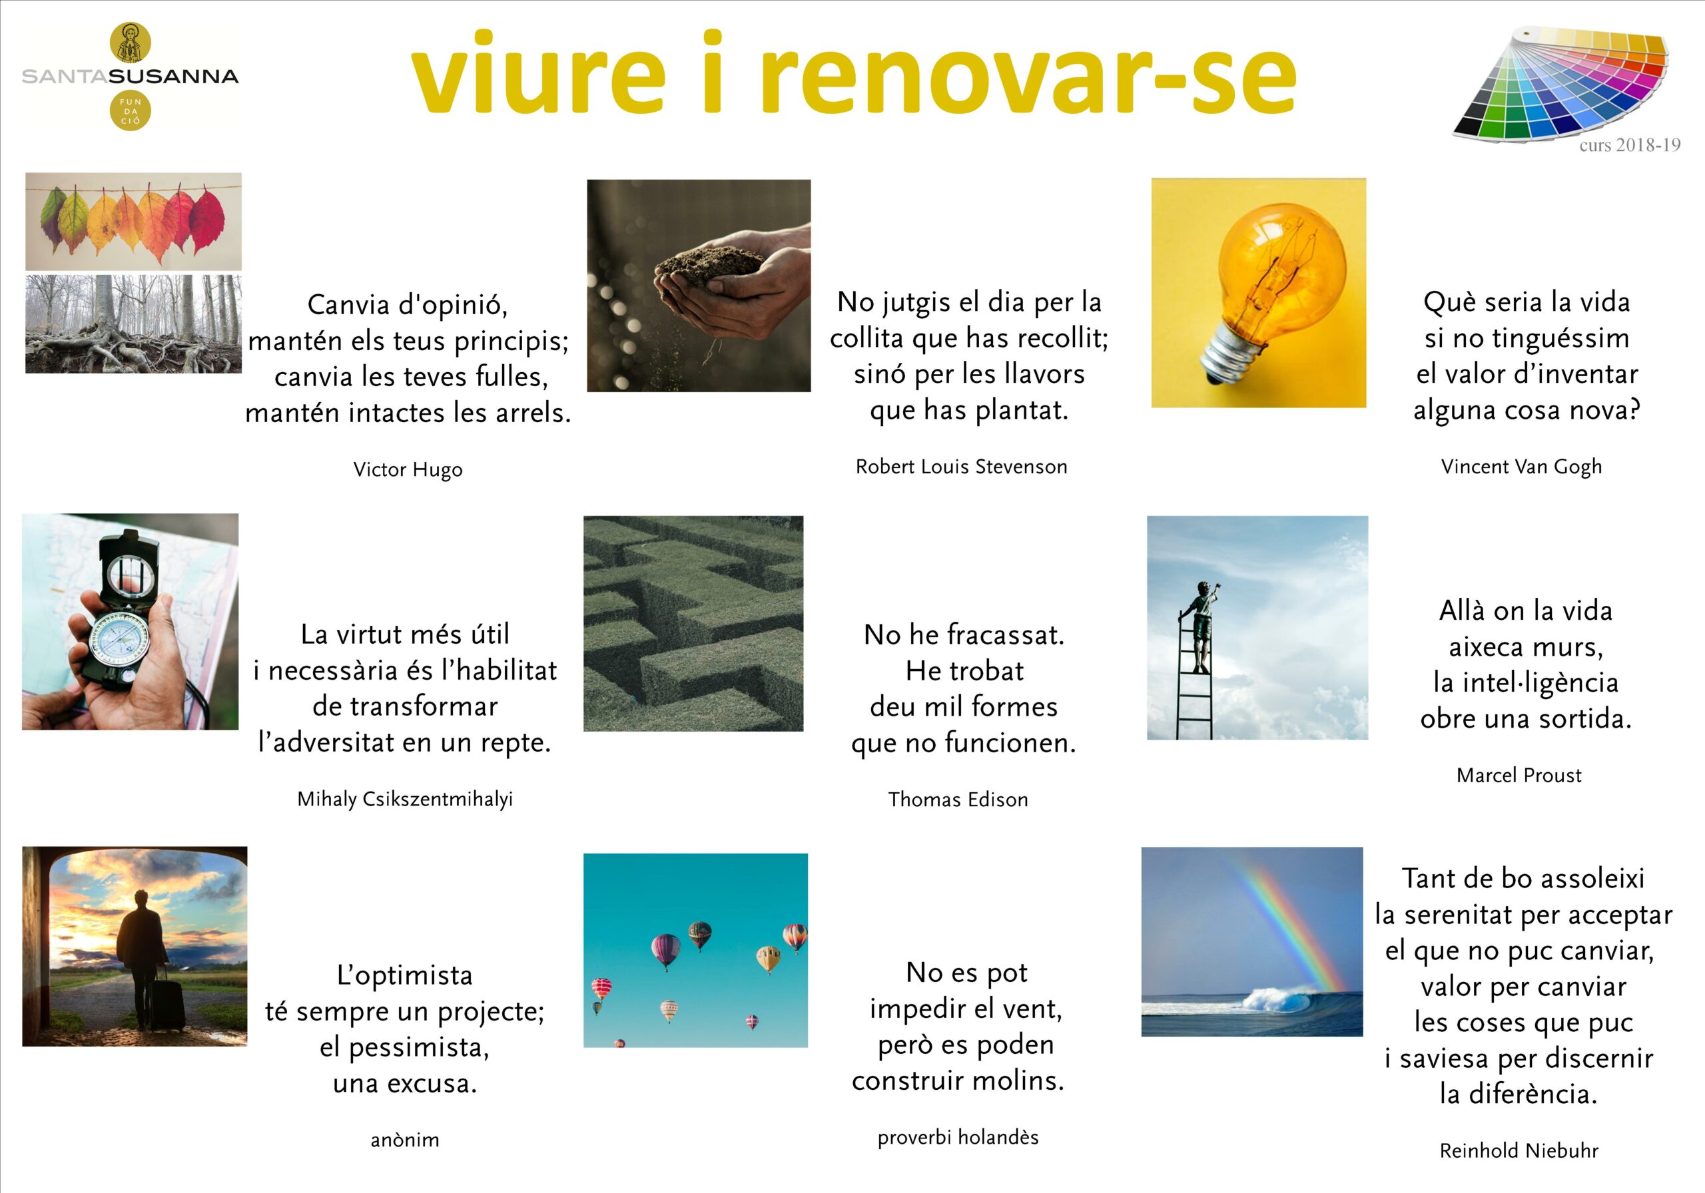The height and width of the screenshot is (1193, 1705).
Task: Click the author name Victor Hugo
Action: point(408,470)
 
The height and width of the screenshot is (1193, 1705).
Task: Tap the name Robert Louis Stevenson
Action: point(961,467)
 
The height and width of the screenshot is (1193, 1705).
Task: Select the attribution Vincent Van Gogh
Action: point(1521,467)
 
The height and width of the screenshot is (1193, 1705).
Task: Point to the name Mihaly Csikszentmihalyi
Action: point(405,800)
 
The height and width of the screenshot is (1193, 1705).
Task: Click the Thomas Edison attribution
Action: point(958,800)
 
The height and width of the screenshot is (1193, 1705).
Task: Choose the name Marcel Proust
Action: point(1519,776)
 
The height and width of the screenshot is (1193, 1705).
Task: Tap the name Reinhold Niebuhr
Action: point(1519,1150)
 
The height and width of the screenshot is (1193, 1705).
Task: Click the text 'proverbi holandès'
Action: point(958,1137)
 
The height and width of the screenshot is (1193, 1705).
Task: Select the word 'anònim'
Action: point(405,1140)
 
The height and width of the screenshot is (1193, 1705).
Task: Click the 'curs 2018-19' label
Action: point(1630,144)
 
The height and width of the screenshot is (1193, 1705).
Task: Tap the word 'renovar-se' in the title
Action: point(1028,75)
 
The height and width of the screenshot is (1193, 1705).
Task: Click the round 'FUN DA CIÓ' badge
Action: point(130,111)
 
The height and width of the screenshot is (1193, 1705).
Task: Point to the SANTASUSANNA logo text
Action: point(130,77)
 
